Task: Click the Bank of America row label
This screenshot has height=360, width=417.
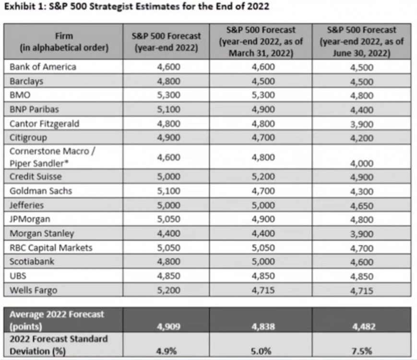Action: point(43,67)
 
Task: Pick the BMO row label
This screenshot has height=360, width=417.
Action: point(20,95)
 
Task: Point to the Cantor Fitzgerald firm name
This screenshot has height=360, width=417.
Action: point(45,123)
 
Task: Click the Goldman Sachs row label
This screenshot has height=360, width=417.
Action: point(41,191)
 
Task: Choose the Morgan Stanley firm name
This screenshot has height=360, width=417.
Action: point(42,234)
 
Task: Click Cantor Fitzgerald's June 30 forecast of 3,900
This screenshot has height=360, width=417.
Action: point(361,124)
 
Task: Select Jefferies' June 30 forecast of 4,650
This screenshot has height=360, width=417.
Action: point(361,205)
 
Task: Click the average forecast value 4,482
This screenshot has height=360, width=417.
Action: point(361,326)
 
